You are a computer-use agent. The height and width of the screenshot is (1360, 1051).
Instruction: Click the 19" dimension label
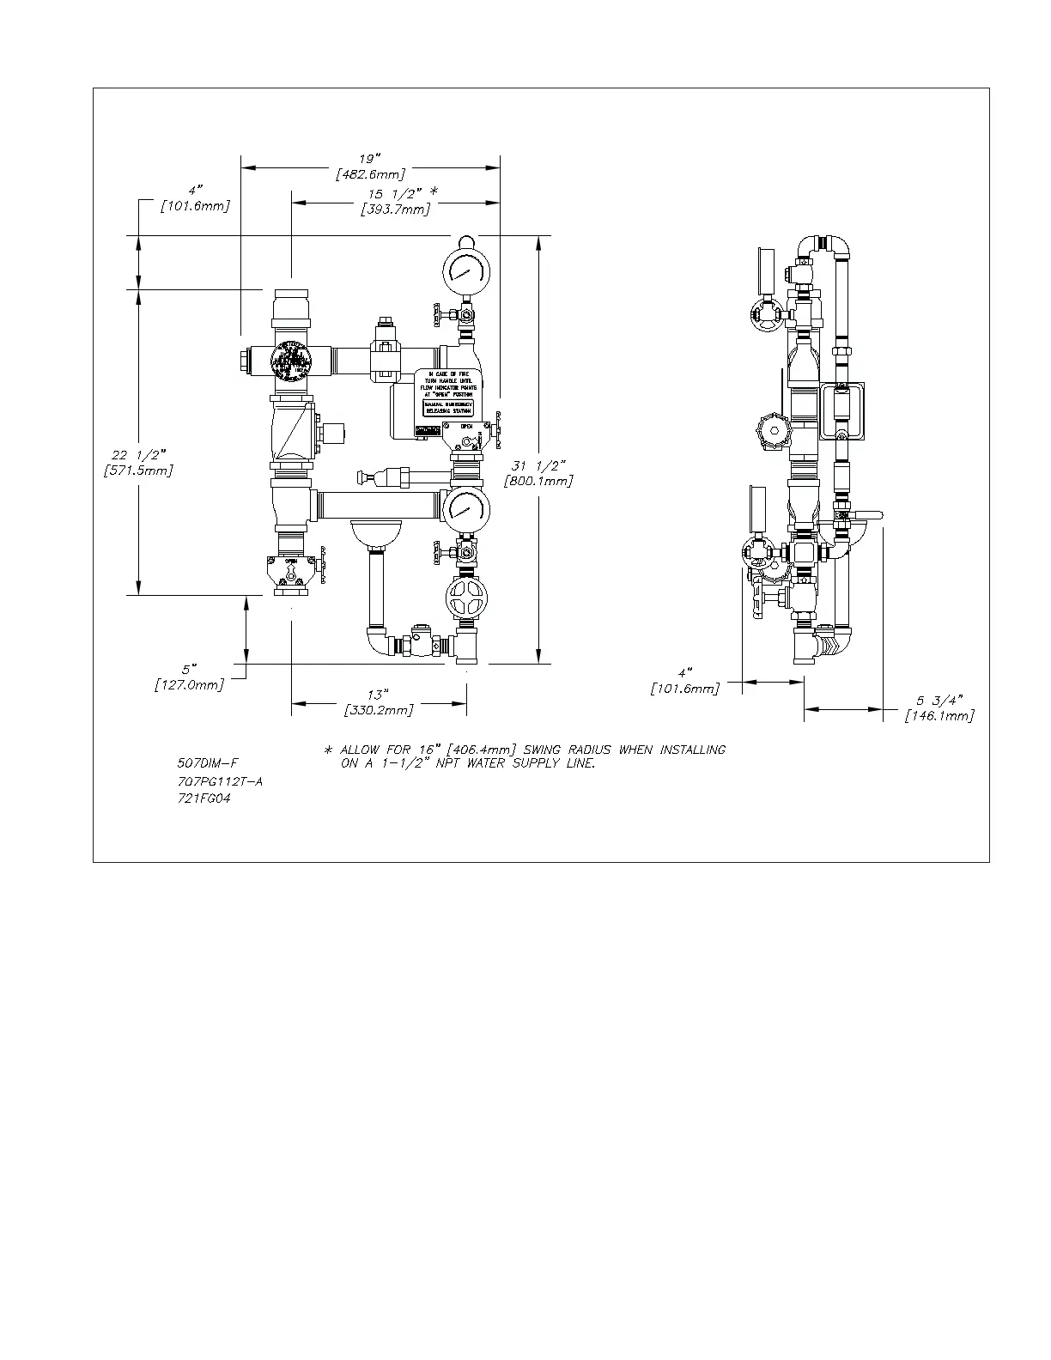(x=370, y=159)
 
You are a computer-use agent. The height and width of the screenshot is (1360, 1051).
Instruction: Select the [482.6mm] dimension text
(x=370, y=174)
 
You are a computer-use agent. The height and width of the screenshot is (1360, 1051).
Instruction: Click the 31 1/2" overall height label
(x=538, y=465)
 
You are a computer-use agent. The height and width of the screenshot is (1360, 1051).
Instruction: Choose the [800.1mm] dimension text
(x=538, y=481)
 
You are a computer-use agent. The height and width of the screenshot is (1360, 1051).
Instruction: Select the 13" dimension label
(x=378, y=694)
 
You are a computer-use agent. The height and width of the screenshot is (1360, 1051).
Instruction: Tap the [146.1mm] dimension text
(x=940, y=715)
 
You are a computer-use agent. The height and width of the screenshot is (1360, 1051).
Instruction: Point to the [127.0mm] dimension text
(x=189, y=684)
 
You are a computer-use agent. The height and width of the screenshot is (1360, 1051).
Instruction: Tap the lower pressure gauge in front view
(x=466, y=512)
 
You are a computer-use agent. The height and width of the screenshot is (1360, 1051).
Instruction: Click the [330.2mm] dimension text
(x=378, y=710)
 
